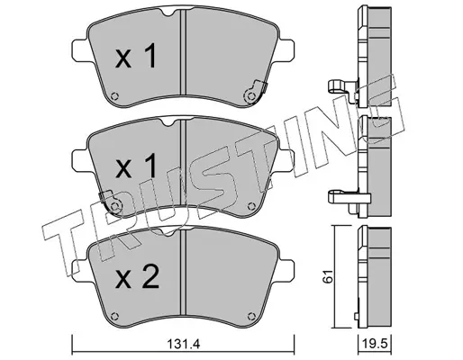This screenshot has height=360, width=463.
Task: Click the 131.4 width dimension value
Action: point(183,344)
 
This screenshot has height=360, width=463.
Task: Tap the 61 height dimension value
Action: point(328,276)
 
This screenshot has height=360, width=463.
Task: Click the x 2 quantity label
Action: point(137,278)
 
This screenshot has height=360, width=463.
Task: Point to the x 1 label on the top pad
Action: point(136,56)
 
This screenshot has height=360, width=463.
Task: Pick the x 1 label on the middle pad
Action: point(136,166)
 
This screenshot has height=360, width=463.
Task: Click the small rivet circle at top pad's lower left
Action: point(114,96)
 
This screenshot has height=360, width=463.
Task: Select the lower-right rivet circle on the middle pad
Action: point(251,206)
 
